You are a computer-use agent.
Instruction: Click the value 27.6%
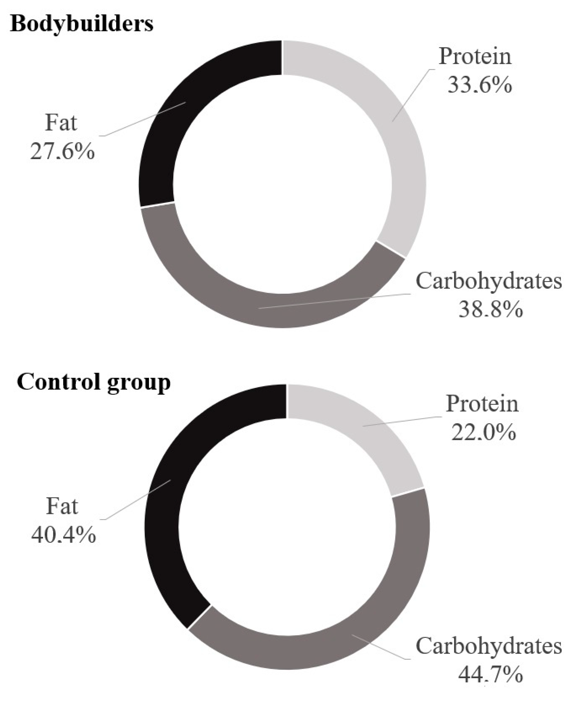(62, 152)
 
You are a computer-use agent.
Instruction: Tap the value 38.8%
(491, 310)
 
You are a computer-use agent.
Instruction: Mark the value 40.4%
(63, 535)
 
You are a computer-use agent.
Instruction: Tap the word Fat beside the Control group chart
(62, 507)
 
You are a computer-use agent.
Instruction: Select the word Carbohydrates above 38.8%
(489, 281)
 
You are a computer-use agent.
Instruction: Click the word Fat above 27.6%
(61, 123)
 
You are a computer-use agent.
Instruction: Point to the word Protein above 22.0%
(482, 404)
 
